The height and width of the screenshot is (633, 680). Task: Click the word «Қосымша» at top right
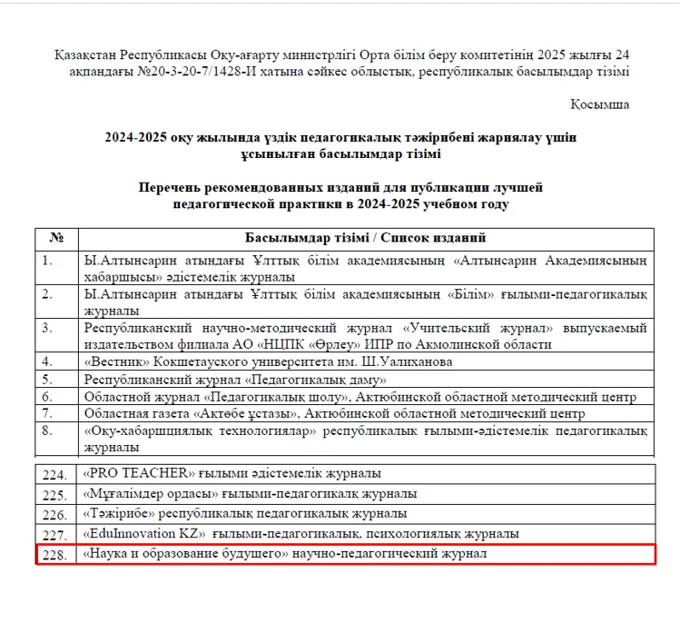point(600,104)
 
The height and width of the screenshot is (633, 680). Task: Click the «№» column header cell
point(56,238)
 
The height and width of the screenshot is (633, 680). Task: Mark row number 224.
point(55,474)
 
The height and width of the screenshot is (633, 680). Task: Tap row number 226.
point(55,514)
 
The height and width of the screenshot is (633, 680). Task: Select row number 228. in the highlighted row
point(55,554)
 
